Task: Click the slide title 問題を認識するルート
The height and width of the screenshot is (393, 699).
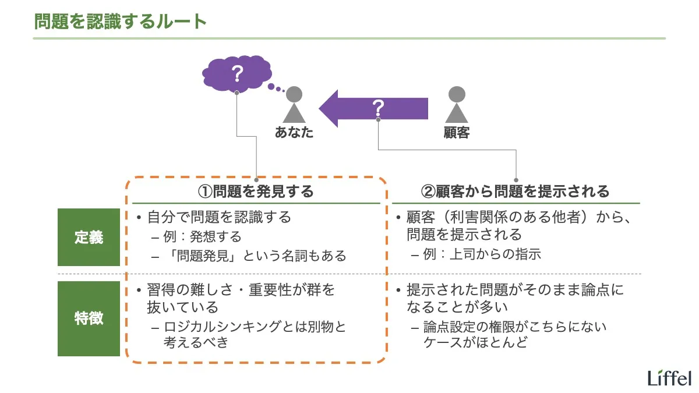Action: coord(121,22)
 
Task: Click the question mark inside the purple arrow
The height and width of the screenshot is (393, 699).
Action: coord(379,107)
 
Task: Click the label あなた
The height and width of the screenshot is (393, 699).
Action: coord(294,133)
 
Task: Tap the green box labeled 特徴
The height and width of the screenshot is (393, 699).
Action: coord(89,318)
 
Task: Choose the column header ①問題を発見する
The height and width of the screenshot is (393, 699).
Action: coord(256,191)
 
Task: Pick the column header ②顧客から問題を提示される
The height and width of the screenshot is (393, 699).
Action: coord(515,191)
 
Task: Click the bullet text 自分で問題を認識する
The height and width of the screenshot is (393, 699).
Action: coord(219,218)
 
